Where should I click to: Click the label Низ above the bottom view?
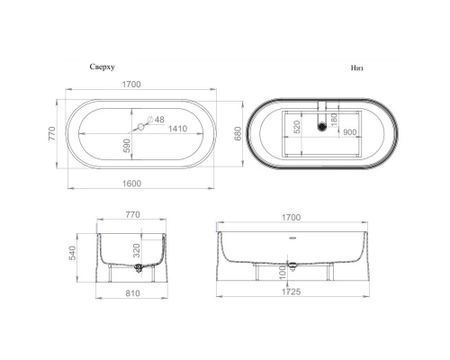click(x=358, y=68)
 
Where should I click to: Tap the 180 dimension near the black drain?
click(x=334, y=116)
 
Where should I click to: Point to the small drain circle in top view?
click(x=139, y=129)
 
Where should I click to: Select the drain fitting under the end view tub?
click(x=137, y=266)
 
